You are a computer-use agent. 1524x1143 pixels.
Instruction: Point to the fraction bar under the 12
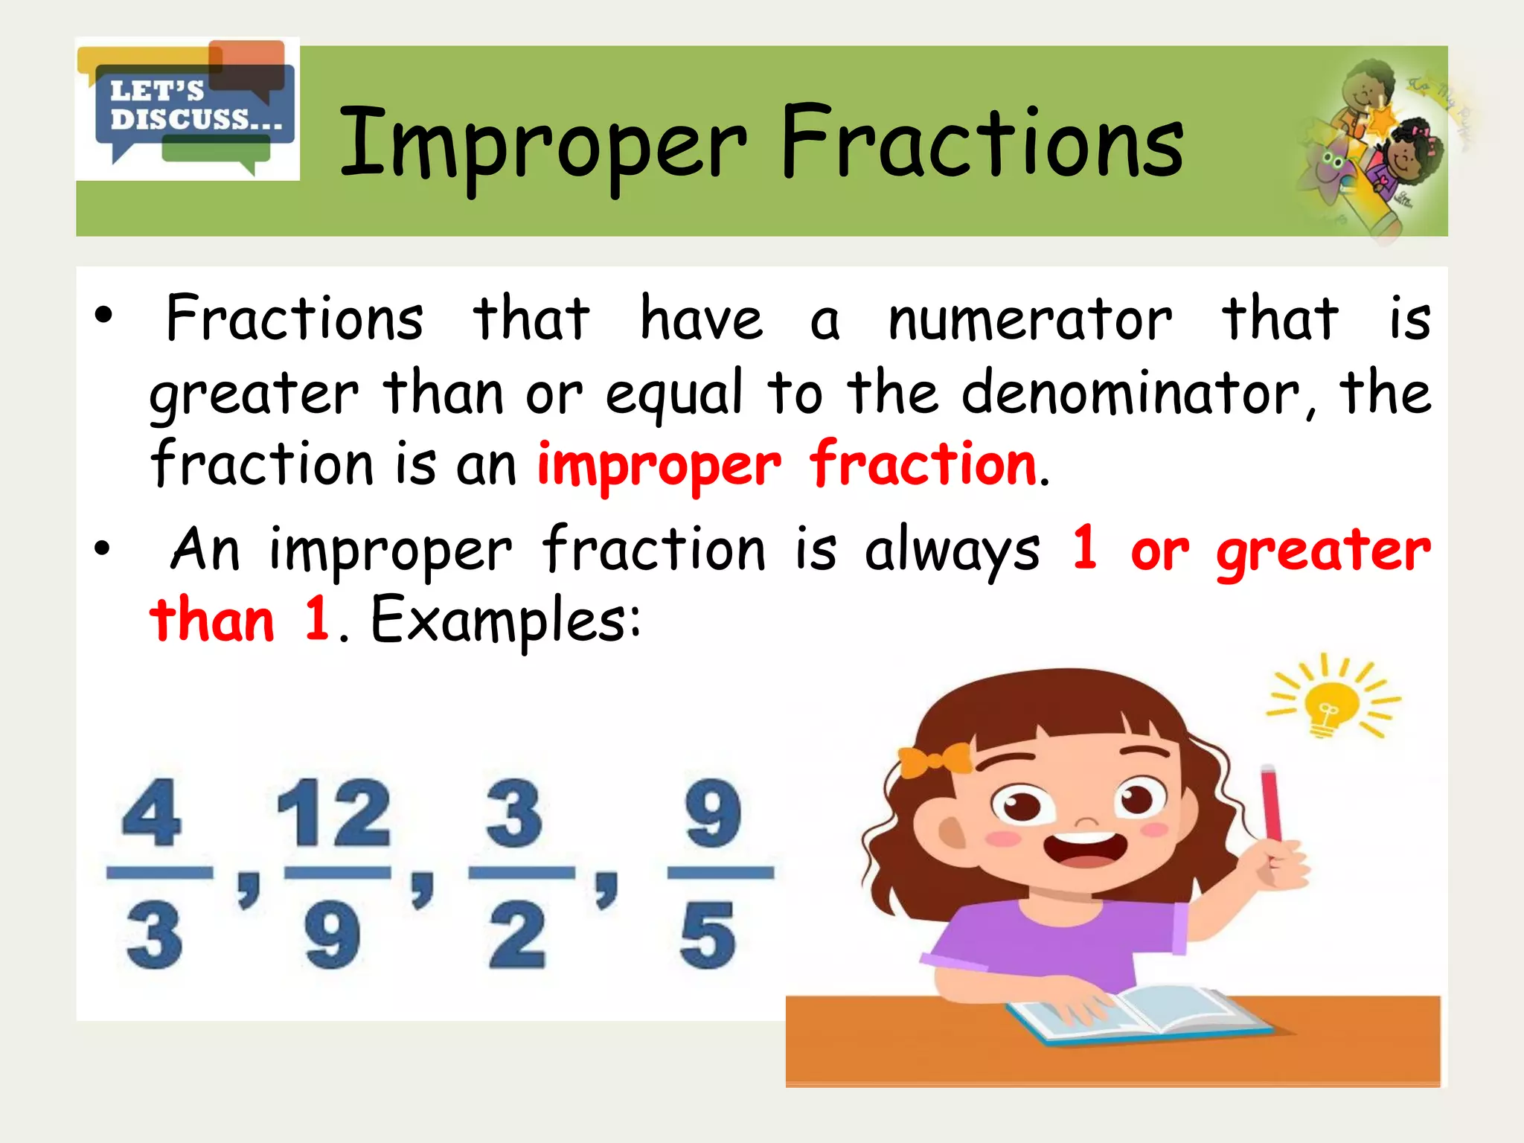coord(337,873)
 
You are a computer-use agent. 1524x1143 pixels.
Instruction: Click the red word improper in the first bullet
coord(659,466)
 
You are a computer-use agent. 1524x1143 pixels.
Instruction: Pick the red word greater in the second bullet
coord(1323,551)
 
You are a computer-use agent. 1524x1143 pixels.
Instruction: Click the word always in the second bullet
coord(952,551)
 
